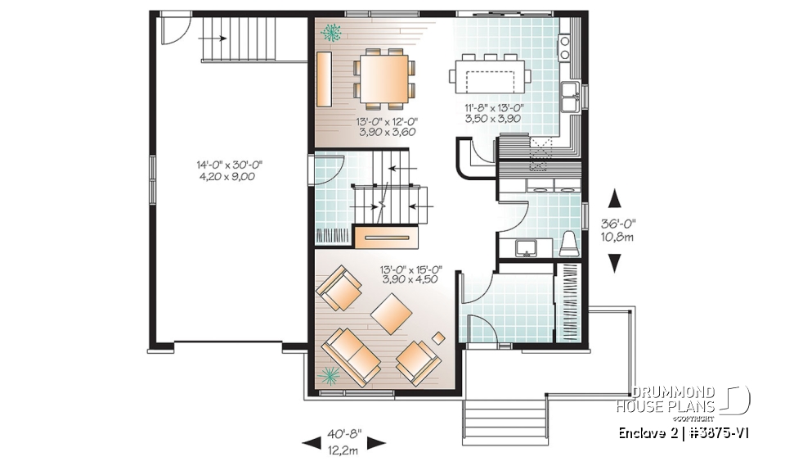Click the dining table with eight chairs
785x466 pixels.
click(382, 79)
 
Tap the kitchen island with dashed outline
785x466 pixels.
click(489, 78)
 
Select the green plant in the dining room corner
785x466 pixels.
click(333, 34)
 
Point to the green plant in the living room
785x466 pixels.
click(330, 375)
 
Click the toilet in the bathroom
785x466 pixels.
click(569, 243)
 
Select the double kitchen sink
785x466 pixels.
click(570, 94)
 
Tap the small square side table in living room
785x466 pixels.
click(439, 337)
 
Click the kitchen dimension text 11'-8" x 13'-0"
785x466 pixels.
click(491, 112)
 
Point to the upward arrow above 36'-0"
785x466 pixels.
click(615, 200)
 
